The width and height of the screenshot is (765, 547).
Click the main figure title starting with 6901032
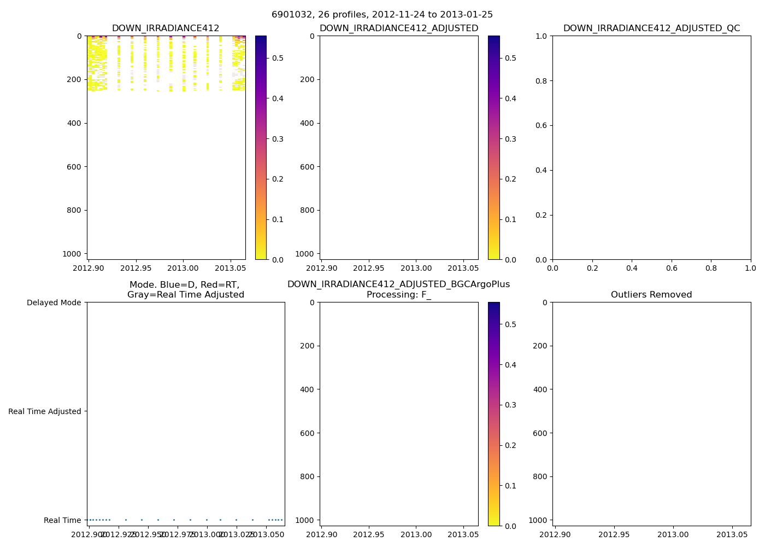382,15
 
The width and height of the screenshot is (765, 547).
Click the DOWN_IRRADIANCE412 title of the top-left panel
166,28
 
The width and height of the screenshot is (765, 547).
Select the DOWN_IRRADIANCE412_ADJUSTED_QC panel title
651,28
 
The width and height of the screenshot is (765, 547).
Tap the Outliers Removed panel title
651,295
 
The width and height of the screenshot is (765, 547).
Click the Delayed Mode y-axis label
54,302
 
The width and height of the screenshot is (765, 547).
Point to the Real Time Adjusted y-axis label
45,411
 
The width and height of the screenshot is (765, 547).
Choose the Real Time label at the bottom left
62,520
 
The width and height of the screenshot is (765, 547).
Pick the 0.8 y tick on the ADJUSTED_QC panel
541,81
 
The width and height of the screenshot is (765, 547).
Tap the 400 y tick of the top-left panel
75,123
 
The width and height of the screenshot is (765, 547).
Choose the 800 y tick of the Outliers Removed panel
540,476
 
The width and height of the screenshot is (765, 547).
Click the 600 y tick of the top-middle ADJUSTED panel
308,167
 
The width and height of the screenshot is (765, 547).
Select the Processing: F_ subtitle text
398,295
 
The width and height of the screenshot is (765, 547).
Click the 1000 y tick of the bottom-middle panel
305,520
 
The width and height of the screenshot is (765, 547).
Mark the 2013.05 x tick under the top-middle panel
463,269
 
